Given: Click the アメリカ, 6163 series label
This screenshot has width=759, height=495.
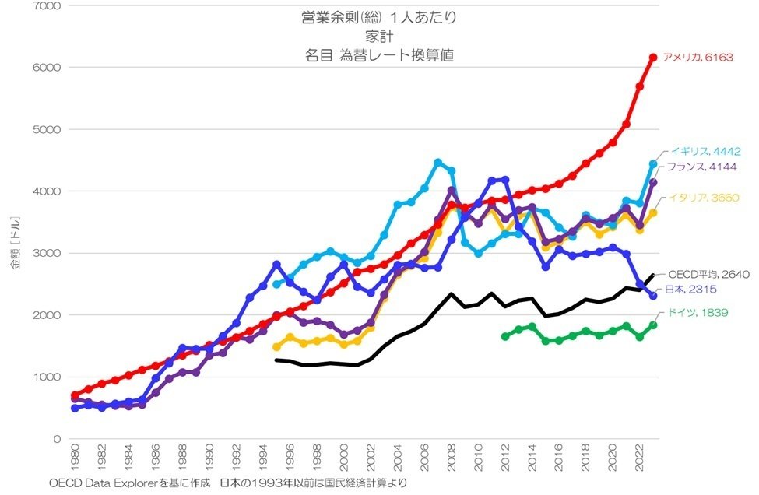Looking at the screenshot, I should coord(698,57).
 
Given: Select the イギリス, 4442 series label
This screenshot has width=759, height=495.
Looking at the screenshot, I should coord(701,153).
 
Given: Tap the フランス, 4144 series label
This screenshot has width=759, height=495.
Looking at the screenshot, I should coord(699,167).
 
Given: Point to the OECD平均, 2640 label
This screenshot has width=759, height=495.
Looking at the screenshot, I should coord(705,274).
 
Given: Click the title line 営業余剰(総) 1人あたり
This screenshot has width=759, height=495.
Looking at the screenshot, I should coord(380,16).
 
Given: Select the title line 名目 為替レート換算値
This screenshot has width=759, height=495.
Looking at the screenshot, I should coord(380,54).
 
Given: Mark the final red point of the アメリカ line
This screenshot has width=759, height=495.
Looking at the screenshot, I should coord(654,57).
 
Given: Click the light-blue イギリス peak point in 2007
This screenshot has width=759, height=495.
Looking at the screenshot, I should coord(437,163).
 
